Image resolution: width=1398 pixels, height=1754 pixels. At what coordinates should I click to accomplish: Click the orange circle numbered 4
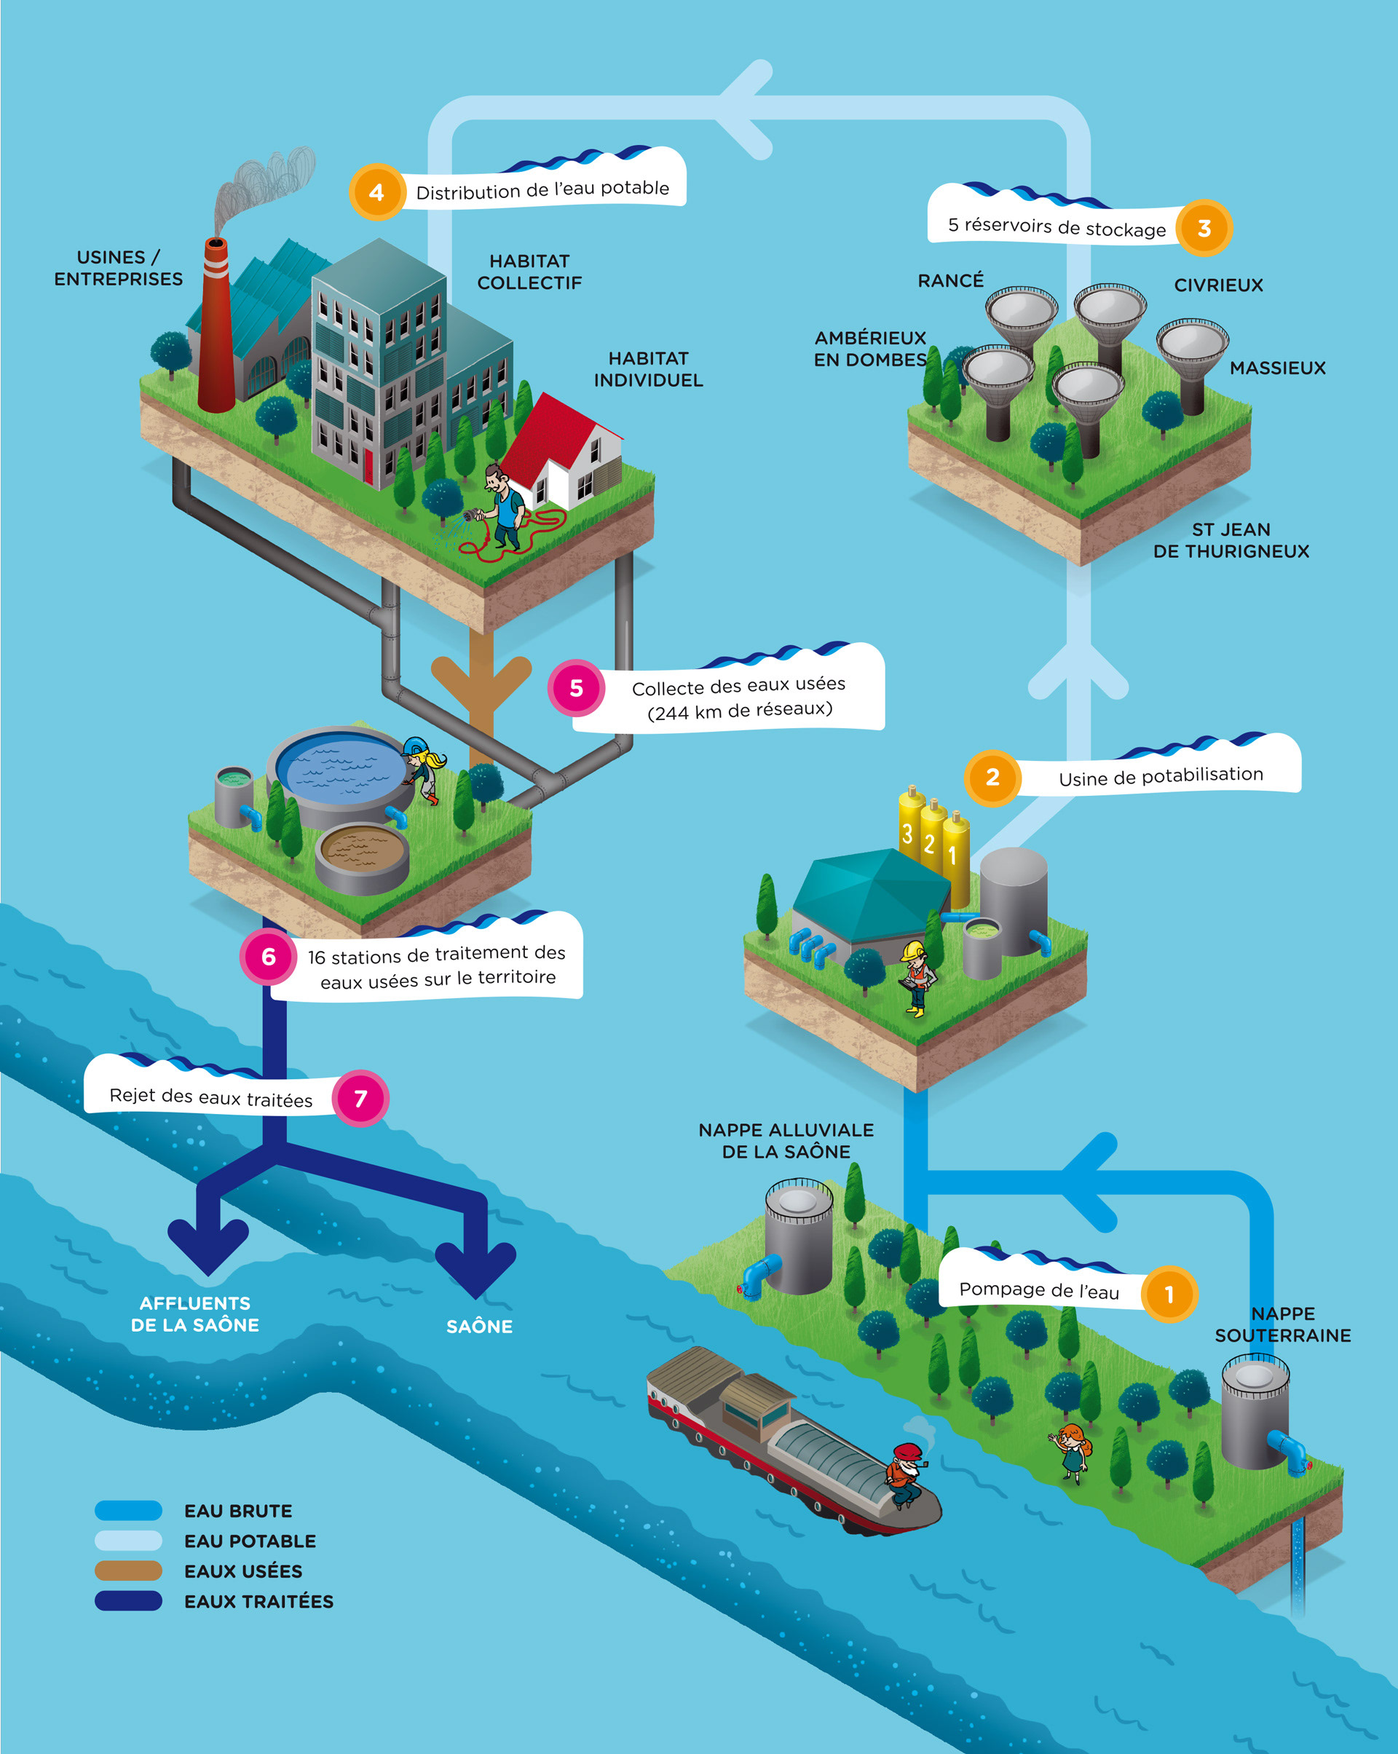(376, 192)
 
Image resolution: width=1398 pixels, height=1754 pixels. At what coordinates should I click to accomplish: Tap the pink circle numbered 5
(576, 688)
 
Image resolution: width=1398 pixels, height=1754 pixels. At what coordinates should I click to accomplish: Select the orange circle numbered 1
(1169, 1294)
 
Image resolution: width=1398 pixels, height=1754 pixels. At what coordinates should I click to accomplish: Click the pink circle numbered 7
(360, 1098)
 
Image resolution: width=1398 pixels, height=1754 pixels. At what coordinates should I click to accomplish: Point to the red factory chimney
(216, 325)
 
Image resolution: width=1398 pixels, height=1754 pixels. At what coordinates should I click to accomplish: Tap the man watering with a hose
(503, 508)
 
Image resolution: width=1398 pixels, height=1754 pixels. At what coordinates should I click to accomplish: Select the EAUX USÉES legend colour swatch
(127, 1570)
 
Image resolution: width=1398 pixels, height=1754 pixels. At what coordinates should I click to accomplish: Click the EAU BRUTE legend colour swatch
(127, 1510)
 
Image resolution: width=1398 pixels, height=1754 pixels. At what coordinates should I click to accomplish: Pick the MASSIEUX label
(1278, 368)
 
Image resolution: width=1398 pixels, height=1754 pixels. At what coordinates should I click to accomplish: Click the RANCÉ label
(950, 280)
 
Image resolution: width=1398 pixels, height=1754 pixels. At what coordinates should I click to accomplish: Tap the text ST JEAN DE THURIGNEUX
(1231, 540)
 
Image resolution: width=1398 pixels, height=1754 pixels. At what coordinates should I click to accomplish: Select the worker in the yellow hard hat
(917, 976)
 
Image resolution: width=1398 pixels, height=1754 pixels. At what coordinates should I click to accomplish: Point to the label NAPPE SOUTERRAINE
(1282, 1324)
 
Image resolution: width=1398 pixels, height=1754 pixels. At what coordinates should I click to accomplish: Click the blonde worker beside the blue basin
(424, 769)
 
